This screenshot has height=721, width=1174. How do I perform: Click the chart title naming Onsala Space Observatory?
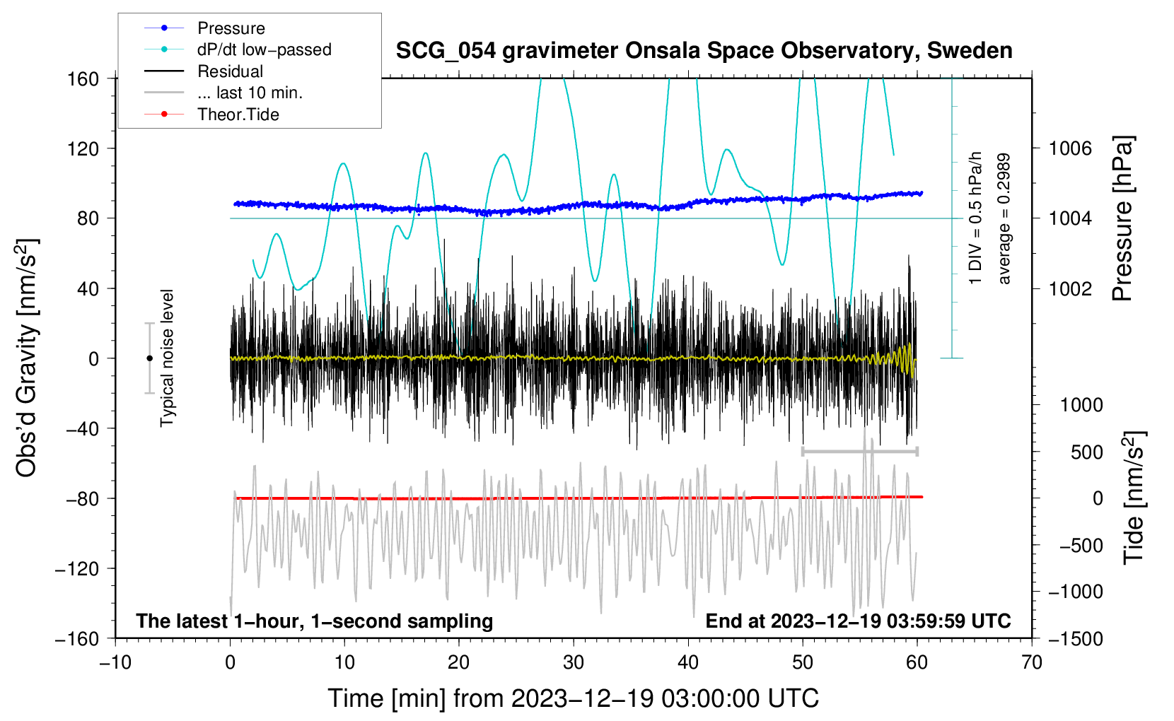click(704, 51)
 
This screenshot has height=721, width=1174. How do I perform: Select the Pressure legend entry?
click(231, 28)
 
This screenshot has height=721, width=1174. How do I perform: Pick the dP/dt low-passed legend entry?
click(264, 49)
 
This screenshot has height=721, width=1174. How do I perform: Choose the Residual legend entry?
click(230, 71)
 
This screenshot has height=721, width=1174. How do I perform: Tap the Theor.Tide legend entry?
click(238, 115)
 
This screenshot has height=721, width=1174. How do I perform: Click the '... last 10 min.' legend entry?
click(250, 93)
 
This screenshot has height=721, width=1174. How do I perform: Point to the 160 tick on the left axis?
click(83, 78)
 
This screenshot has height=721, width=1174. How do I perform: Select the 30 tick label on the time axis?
click(574, 663)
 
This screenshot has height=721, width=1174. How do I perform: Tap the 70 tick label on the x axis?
click(1032, 663)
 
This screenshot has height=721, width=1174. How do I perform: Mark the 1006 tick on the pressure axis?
click(1070, 148)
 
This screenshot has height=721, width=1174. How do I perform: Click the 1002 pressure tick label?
click(1070, 288)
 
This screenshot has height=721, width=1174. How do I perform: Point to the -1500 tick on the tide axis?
click(1076, 638)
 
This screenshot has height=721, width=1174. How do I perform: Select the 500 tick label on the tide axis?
click(1086, 452)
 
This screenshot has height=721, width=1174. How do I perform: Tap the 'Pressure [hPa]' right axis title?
click(1123, 219)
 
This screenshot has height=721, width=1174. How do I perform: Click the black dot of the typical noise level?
click(149, 358)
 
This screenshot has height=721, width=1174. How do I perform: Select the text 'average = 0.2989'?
click(1004, 219)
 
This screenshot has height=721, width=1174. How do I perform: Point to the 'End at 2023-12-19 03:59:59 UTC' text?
click(858, 621)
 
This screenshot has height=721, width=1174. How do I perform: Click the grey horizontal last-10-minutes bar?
click(859, 451)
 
